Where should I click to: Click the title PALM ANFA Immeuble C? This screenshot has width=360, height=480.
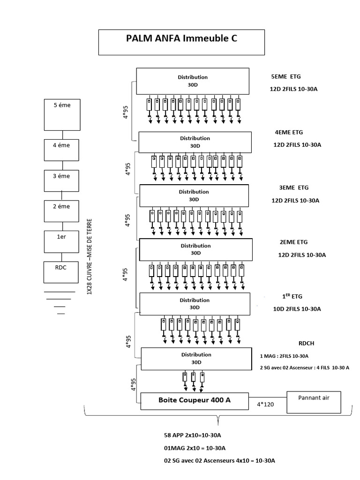181,38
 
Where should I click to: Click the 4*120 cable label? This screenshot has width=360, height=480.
265,405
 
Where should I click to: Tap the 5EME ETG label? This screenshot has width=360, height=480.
286,76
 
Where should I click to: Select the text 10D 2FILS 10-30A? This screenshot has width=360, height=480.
297,309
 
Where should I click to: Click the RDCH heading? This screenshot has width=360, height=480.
306,343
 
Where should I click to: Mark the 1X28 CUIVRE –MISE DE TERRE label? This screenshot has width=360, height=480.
89,256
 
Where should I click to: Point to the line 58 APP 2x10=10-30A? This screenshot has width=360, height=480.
192,435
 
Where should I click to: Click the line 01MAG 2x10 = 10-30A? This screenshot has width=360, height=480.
195,448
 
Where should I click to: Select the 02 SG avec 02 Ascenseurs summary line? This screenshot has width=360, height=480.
219,460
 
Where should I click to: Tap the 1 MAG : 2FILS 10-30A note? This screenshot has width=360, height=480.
284,356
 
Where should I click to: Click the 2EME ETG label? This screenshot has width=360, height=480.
293,242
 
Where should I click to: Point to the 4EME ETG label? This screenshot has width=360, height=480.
289,132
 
